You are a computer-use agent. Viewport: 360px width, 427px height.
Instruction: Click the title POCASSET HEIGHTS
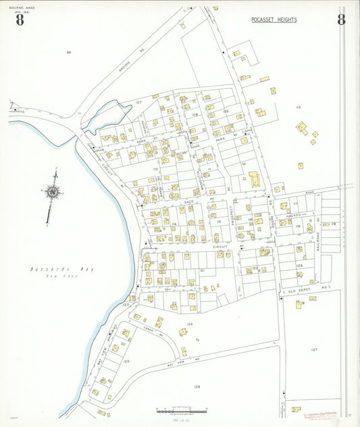274,20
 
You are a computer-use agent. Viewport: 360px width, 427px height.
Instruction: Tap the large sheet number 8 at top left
20,20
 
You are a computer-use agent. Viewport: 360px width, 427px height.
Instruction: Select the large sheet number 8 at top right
341,20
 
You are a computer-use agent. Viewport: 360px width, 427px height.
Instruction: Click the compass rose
52,193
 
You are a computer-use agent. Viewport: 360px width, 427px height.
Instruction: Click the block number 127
314,349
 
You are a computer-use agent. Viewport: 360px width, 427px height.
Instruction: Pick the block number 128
197,386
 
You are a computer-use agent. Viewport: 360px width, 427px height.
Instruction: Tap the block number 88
68,52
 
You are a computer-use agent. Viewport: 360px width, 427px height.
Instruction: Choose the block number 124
190,324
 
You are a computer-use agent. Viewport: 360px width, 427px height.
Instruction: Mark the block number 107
138,103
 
